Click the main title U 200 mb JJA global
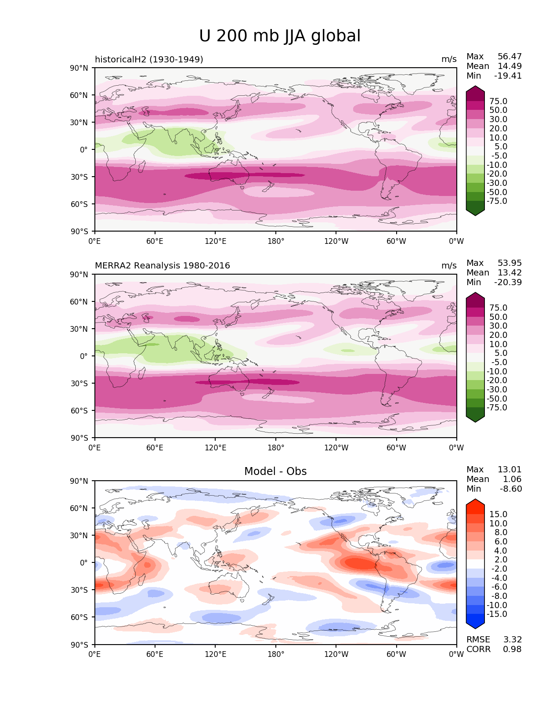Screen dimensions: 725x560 click(x=280, y=36)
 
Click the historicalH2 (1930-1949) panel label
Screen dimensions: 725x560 click(x=149, y=59)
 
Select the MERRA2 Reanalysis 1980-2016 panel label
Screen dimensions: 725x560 click(x=163, y=266)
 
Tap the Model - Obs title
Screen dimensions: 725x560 click(x=275, y=471)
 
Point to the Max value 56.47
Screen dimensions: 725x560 click(x=509, y=57)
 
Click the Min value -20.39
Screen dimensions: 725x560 click(x=508, y=283)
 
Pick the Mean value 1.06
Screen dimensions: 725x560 click(x=512, y=479)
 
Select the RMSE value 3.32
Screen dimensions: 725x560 click(x=512, y=640)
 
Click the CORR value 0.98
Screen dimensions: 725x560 click(x=512, y=649)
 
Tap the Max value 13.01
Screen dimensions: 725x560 click(x=509, y=470)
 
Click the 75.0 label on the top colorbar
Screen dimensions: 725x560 click(x=499, y=101)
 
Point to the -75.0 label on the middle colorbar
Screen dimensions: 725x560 click(x=497, y=408)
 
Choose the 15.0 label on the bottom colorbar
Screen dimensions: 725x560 click(x=499, y=515)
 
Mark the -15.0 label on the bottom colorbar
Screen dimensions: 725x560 click(x=497, y=614)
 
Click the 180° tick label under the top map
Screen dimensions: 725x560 click(x=276, y=241)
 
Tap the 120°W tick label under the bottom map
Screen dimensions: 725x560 click(x=336, y=655)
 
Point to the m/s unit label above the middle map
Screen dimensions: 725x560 click(x=449, y=266)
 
